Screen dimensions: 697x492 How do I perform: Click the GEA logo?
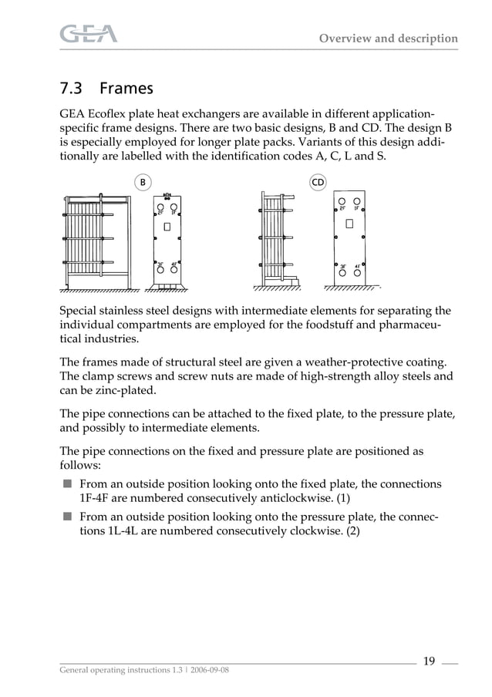pos(89,34)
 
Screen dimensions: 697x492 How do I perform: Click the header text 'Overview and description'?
pos(388,39)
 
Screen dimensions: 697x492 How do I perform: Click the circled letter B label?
pos(143,182)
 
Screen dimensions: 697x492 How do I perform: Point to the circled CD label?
pos(318,182)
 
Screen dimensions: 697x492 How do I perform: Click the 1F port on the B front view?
pos(174,207)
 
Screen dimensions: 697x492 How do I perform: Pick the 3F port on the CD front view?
pos(342,271)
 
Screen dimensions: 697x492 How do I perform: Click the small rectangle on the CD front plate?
pos(350,224)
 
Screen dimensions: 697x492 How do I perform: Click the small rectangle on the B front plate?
pos(167,228)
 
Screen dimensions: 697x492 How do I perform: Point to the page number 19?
pos(429,660)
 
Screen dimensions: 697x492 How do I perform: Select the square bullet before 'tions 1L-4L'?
pos(67,517)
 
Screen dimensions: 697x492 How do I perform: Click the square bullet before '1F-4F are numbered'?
pos(67,483)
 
